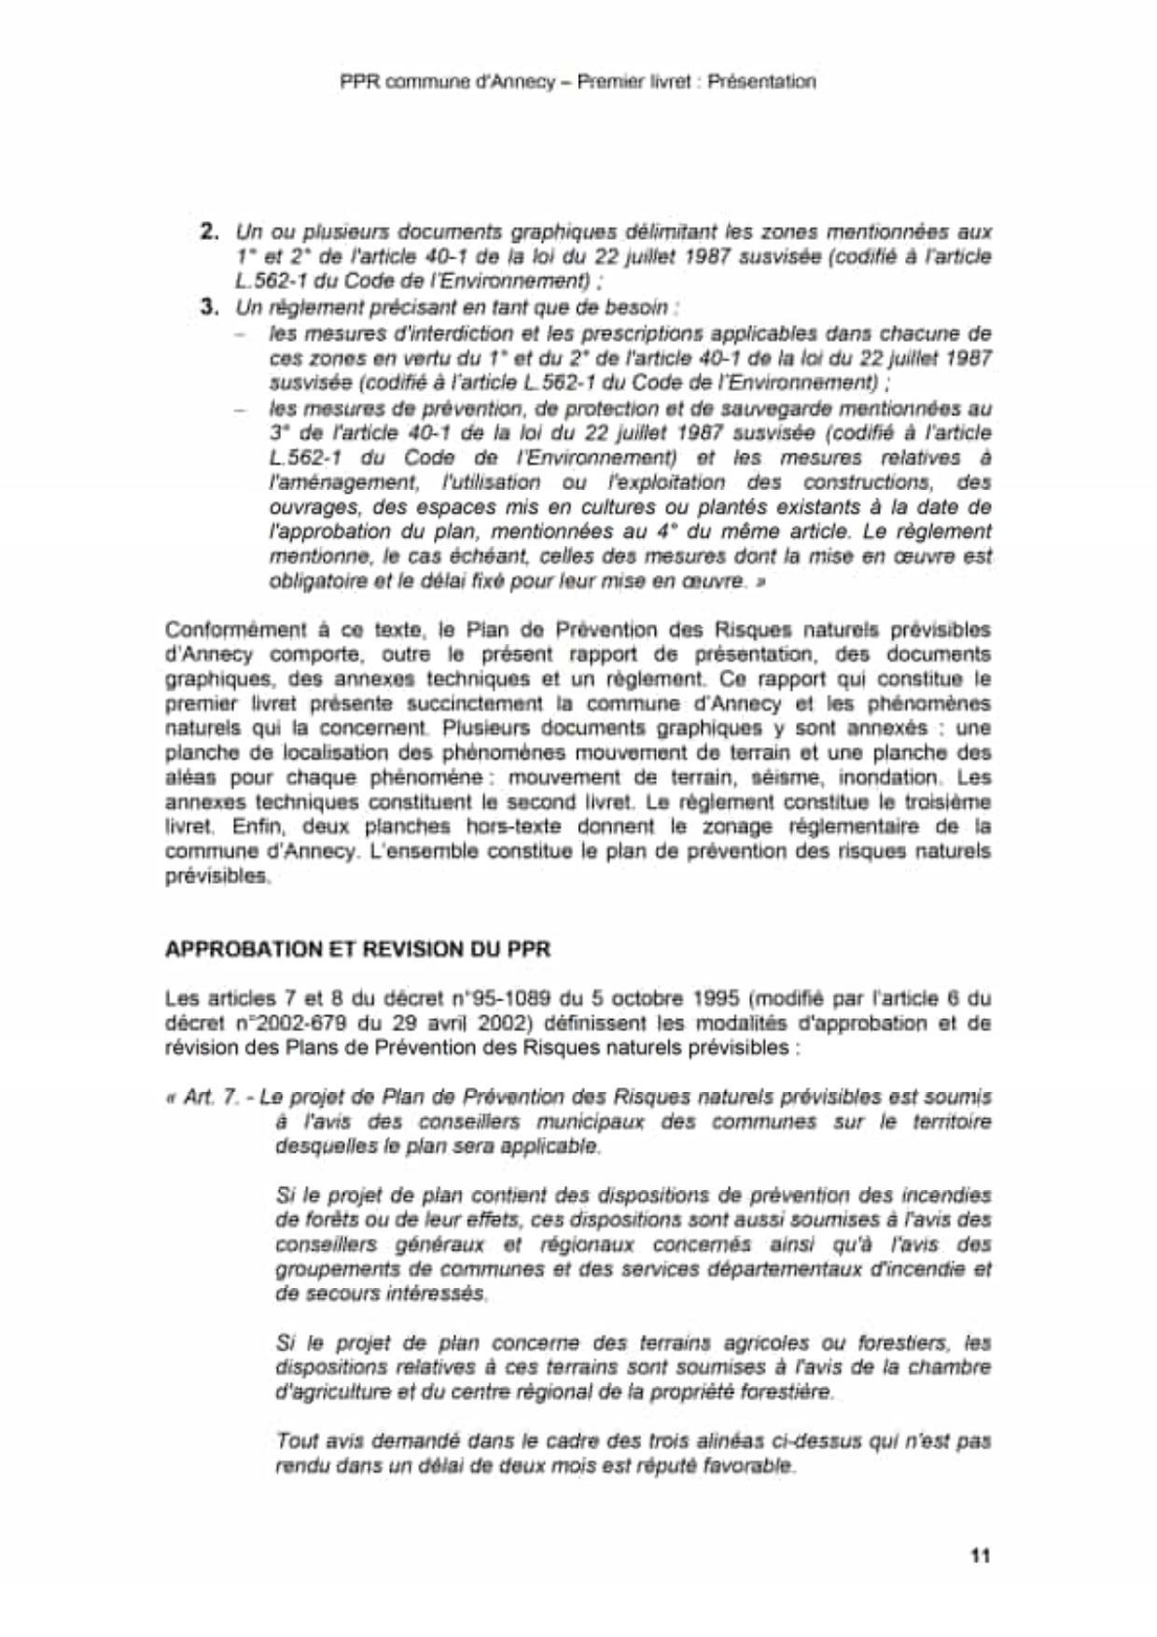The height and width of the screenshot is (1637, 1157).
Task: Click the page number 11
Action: click(980, 1555)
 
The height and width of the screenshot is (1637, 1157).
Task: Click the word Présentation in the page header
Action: click(761, 81)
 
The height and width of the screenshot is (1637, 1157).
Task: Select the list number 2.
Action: click(209, 231)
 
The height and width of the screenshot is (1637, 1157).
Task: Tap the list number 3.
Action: click(209, 306)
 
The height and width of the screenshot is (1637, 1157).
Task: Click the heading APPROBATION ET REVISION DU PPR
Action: click(357, 949)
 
